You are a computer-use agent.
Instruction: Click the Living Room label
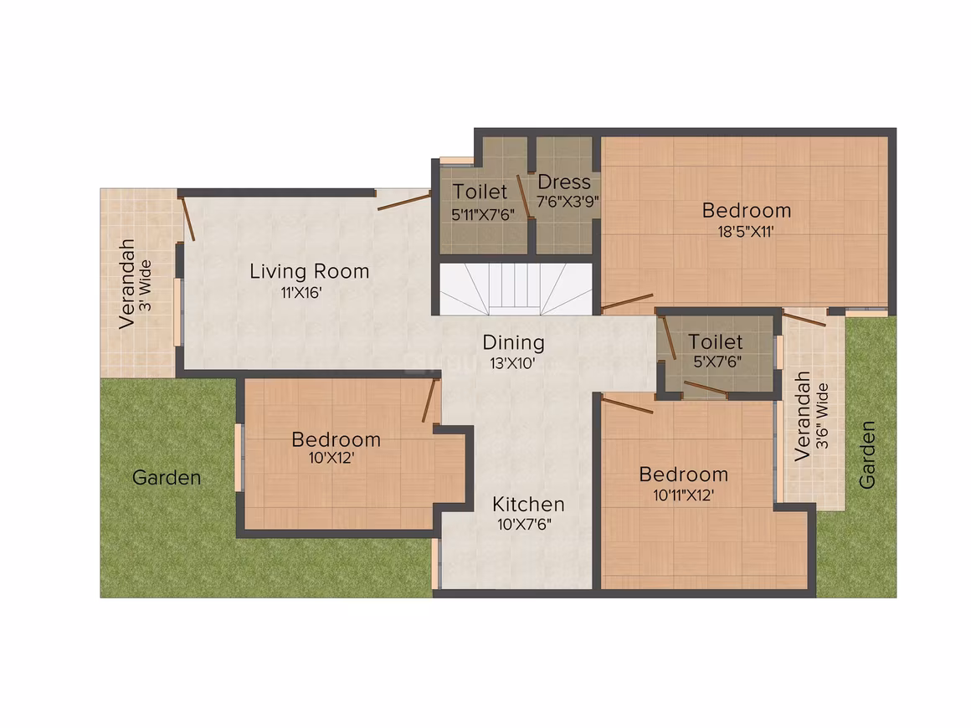(309, 272)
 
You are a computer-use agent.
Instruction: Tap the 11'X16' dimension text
(301, 293)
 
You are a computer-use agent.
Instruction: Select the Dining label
(513, 343)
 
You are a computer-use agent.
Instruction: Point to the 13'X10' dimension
(513, 363)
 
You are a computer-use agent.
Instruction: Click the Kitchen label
(528, 505)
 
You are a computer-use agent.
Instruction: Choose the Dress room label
(564, 182)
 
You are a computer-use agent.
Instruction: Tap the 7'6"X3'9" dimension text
(568, 201)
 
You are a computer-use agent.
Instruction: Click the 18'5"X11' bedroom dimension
(746, 232)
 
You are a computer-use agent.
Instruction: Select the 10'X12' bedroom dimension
(331, 458)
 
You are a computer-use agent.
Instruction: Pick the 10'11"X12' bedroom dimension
(684, 495)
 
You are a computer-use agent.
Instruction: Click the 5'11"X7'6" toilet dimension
(483, 215)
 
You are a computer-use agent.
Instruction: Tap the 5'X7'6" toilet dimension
(717, 361)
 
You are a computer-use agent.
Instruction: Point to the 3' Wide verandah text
(145, 285)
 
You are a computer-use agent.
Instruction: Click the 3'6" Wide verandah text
(822, 416)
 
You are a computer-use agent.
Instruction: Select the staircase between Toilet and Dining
(516, 289)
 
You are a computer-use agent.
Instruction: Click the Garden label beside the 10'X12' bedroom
(167, 478)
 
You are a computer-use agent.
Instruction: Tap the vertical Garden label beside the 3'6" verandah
(867, 455)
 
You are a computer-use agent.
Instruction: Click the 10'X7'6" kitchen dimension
(525, 525)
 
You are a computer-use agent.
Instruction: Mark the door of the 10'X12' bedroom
(430, 400)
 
